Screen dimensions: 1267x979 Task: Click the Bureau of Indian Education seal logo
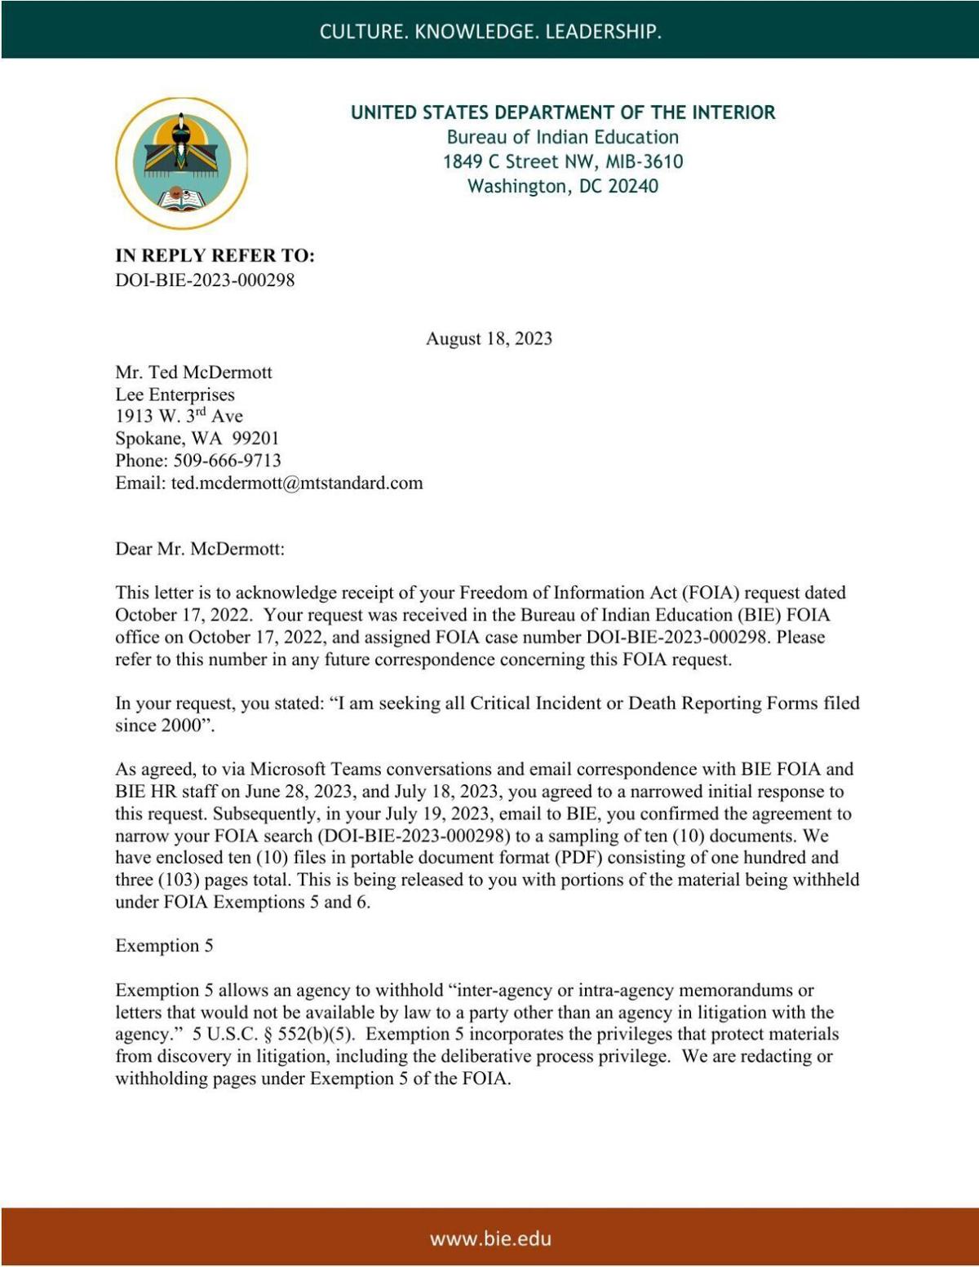[181, 163]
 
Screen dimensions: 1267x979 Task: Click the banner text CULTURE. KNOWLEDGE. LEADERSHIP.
[489, 31]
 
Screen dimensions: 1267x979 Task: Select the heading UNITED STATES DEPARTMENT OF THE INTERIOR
[563, 113]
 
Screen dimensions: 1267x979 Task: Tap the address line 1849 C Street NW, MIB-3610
[563, 161]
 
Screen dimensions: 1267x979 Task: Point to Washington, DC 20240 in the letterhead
[563, 186]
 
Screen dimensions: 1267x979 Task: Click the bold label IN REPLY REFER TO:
[215, 256]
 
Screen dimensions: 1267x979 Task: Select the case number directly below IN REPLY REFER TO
[205, 280]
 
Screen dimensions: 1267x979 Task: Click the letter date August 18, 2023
[489, 338]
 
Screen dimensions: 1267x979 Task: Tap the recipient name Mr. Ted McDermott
[193, 373]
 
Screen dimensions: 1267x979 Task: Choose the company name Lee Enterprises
[175, 395]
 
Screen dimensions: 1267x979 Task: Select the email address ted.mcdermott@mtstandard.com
[297, 483]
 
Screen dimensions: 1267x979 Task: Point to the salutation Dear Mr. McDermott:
[200, 549]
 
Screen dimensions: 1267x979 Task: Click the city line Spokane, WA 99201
[197, 439]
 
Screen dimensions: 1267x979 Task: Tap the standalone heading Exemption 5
[164, 946]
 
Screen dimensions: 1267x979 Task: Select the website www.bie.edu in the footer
[490, 1238]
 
